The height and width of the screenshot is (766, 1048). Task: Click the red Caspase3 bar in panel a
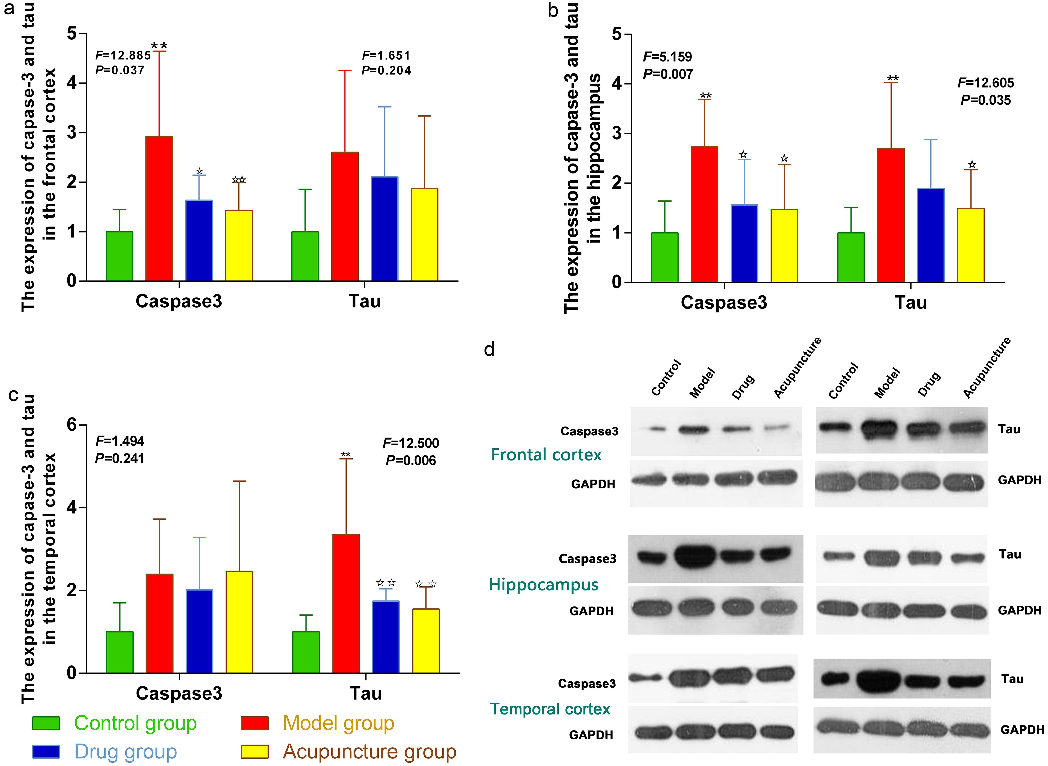159,209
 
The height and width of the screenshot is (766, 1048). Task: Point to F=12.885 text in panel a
123,56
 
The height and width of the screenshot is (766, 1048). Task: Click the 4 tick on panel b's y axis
617,84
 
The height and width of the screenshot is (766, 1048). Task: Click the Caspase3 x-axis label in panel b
724,302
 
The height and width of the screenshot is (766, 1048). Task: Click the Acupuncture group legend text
370,752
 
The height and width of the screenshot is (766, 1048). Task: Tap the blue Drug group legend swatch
46,752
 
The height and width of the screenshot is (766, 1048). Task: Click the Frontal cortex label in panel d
546,454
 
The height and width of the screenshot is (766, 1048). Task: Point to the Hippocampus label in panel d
543,584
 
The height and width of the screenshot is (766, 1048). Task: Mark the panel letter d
489,349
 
